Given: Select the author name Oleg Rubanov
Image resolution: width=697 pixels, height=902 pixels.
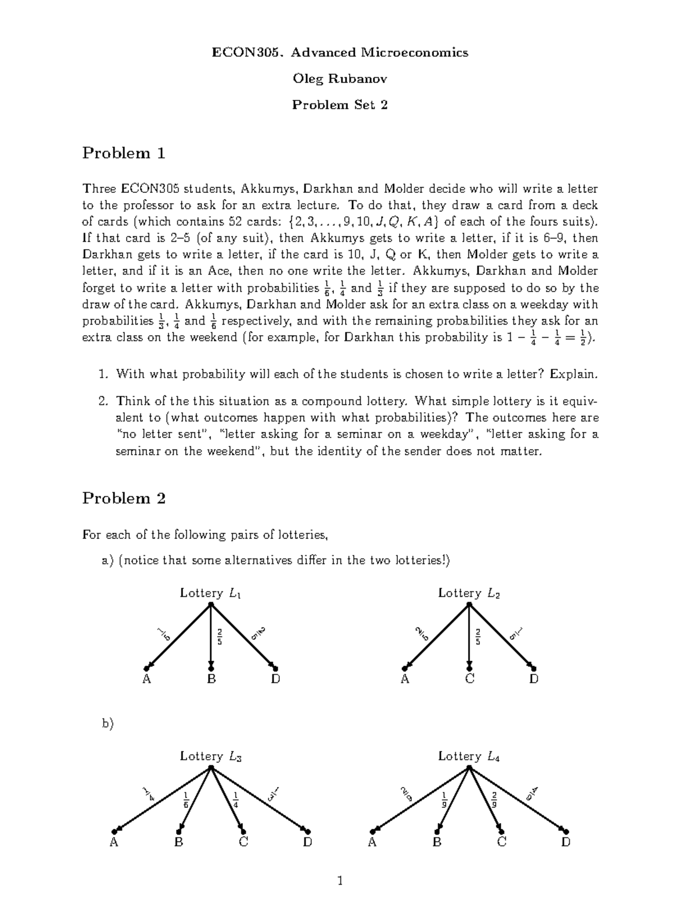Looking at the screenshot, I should coord(340,79).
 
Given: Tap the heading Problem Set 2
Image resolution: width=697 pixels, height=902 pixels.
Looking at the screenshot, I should coord(340,105).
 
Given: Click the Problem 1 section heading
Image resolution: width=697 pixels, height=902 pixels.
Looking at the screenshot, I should coord(124,153).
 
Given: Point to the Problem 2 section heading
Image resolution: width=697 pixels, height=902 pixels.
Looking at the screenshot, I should coord(124,498).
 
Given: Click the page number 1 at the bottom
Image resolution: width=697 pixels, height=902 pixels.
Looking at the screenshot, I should coord(340,881).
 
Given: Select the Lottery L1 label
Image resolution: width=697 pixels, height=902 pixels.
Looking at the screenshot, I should coord(210,593).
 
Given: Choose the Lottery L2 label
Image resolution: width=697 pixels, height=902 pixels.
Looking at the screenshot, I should coord(469,593).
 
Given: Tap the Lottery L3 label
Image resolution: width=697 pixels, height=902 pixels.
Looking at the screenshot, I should coord(210,756).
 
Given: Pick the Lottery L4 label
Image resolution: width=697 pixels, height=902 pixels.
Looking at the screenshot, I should coord(469,756).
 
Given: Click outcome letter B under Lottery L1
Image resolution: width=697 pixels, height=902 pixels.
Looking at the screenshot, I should coord(211,679).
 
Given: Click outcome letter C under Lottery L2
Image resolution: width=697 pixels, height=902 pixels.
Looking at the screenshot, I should coord(469,679).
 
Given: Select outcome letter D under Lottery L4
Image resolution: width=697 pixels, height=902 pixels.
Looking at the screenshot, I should coord(566,842).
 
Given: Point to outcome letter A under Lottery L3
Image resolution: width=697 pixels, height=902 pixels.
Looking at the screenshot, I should coord(114,842).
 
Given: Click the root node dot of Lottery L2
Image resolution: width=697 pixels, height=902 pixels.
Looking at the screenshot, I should coord(469,605).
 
